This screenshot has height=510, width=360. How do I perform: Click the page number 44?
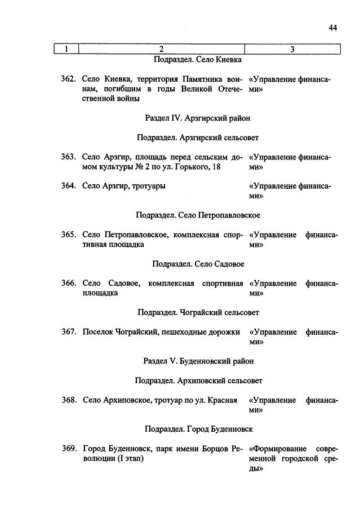click(x=332, y=28)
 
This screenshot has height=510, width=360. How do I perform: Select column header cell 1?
click(x=66, y=50)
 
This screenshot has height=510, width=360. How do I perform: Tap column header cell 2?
click(x=161, y=50)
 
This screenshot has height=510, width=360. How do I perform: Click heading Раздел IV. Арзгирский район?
click(x=197, y=118)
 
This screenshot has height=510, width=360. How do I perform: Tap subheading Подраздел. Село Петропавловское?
click(x=198, y=215)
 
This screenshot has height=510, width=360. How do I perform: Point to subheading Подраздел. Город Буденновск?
click(x=198, y=429)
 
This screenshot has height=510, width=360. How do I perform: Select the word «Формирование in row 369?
click(x=278, y=449)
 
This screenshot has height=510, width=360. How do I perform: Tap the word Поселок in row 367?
click(x=96, y=332)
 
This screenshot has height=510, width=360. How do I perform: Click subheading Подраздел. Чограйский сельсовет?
click(x=198, y=312)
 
